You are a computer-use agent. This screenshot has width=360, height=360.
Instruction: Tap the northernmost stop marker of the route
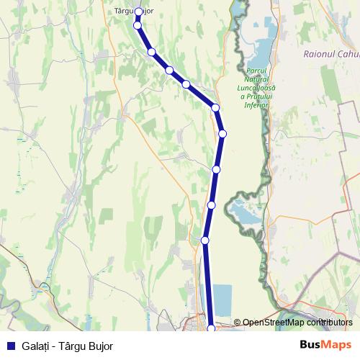[x=138, y=12]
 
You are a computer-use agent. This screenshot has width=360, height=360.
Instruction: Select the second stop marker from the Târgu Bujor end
[x=138, y=25]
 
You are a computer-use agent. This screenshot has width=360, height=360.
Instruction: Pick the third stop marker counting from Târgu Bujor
[x=152, y=52]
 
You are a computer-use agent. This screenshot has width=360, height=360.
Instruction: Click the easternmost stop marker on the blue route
[x=222, y=133]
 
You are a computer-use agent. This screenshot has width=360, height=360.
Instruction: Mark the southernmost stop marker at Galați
[x=211, y=329]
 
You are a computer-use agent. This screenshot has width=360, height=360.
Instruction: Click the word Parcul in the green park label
[x=256, y=71]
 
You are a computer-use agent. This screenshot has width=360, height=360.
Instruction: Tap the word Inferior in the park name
[x=256, y=105]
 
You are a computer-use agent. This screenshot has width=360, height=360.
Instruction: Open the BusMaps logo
[x=325, y=345]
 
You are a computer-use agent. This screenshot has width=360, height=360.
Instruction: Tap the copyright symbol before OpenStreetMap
[x=237, y=323]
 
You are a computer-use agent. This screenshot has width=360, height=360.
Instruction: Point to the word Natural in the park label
[x=256, y=79]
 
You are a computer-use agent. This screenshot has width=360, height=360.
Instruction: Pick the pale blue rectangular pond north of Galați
[x=223, y=299]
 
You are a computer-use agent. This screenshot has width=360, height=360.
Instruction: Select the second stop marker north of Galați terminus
[x=211, y=205]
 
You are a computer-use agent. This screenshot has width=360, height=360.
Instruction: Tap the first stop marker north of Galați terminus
[x=205, y=240]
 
